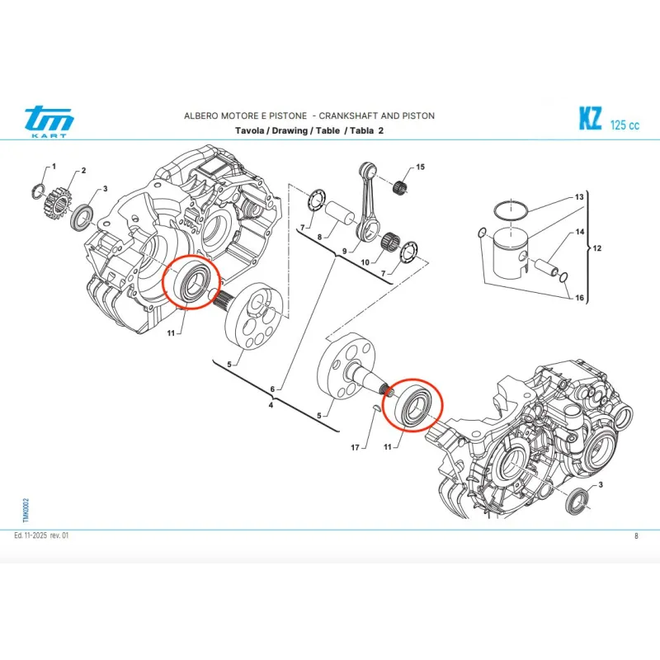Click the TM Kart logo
coord(49,122)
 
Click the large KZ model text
coord(589,120)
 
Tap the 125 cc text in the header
coord(625,125)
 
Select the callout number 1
coord(54,167)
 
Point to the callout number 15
coord(420,167)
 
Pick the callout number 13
coord(579,198)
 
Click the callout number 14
coord(579,232)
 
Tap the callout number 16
coord(579,298)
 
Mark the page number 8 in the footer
coord(636,536)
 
